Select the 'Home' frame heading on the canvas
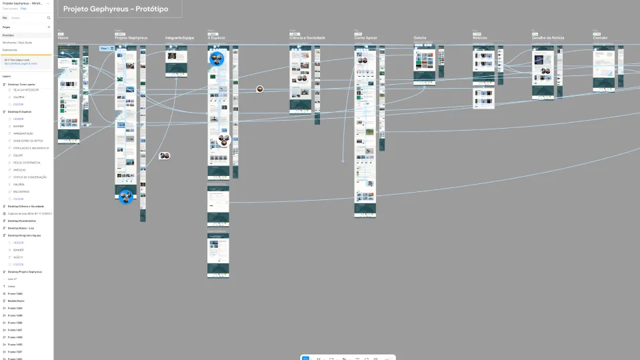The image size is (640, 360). point(63,38)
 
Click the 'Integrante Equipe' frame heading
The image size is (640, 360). point(179,38)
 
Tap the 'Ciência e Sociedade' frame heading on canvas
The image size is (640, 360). point(307,38)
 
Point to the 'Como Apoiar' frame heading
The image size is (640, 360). point(365,38)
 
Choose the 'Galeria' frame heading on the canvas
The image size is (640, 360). point(420,38)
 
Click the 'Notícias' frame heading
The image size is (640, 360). point(480,38)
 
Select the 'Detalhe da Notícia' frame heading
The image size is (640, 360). point(548,38)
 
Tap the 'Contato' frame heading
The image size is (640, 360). point(601,38)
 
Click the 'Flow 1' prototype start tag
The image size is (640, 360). point(105,49)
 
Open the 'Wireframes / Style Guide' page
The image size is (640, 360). point(17,43)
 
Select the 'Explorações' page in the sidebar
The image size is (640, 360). point(10,50)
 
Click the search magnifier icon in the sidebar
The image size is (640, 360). point(49,18)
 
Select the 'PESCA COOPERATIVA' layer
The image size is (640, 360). point(27,163)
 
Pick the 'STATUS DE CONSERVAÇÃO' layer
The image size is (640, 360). point(30,177)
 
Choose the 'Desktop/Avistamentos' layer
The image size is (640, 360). point(22,221)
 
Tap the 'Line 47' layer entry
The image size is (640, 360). point(13,279)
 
